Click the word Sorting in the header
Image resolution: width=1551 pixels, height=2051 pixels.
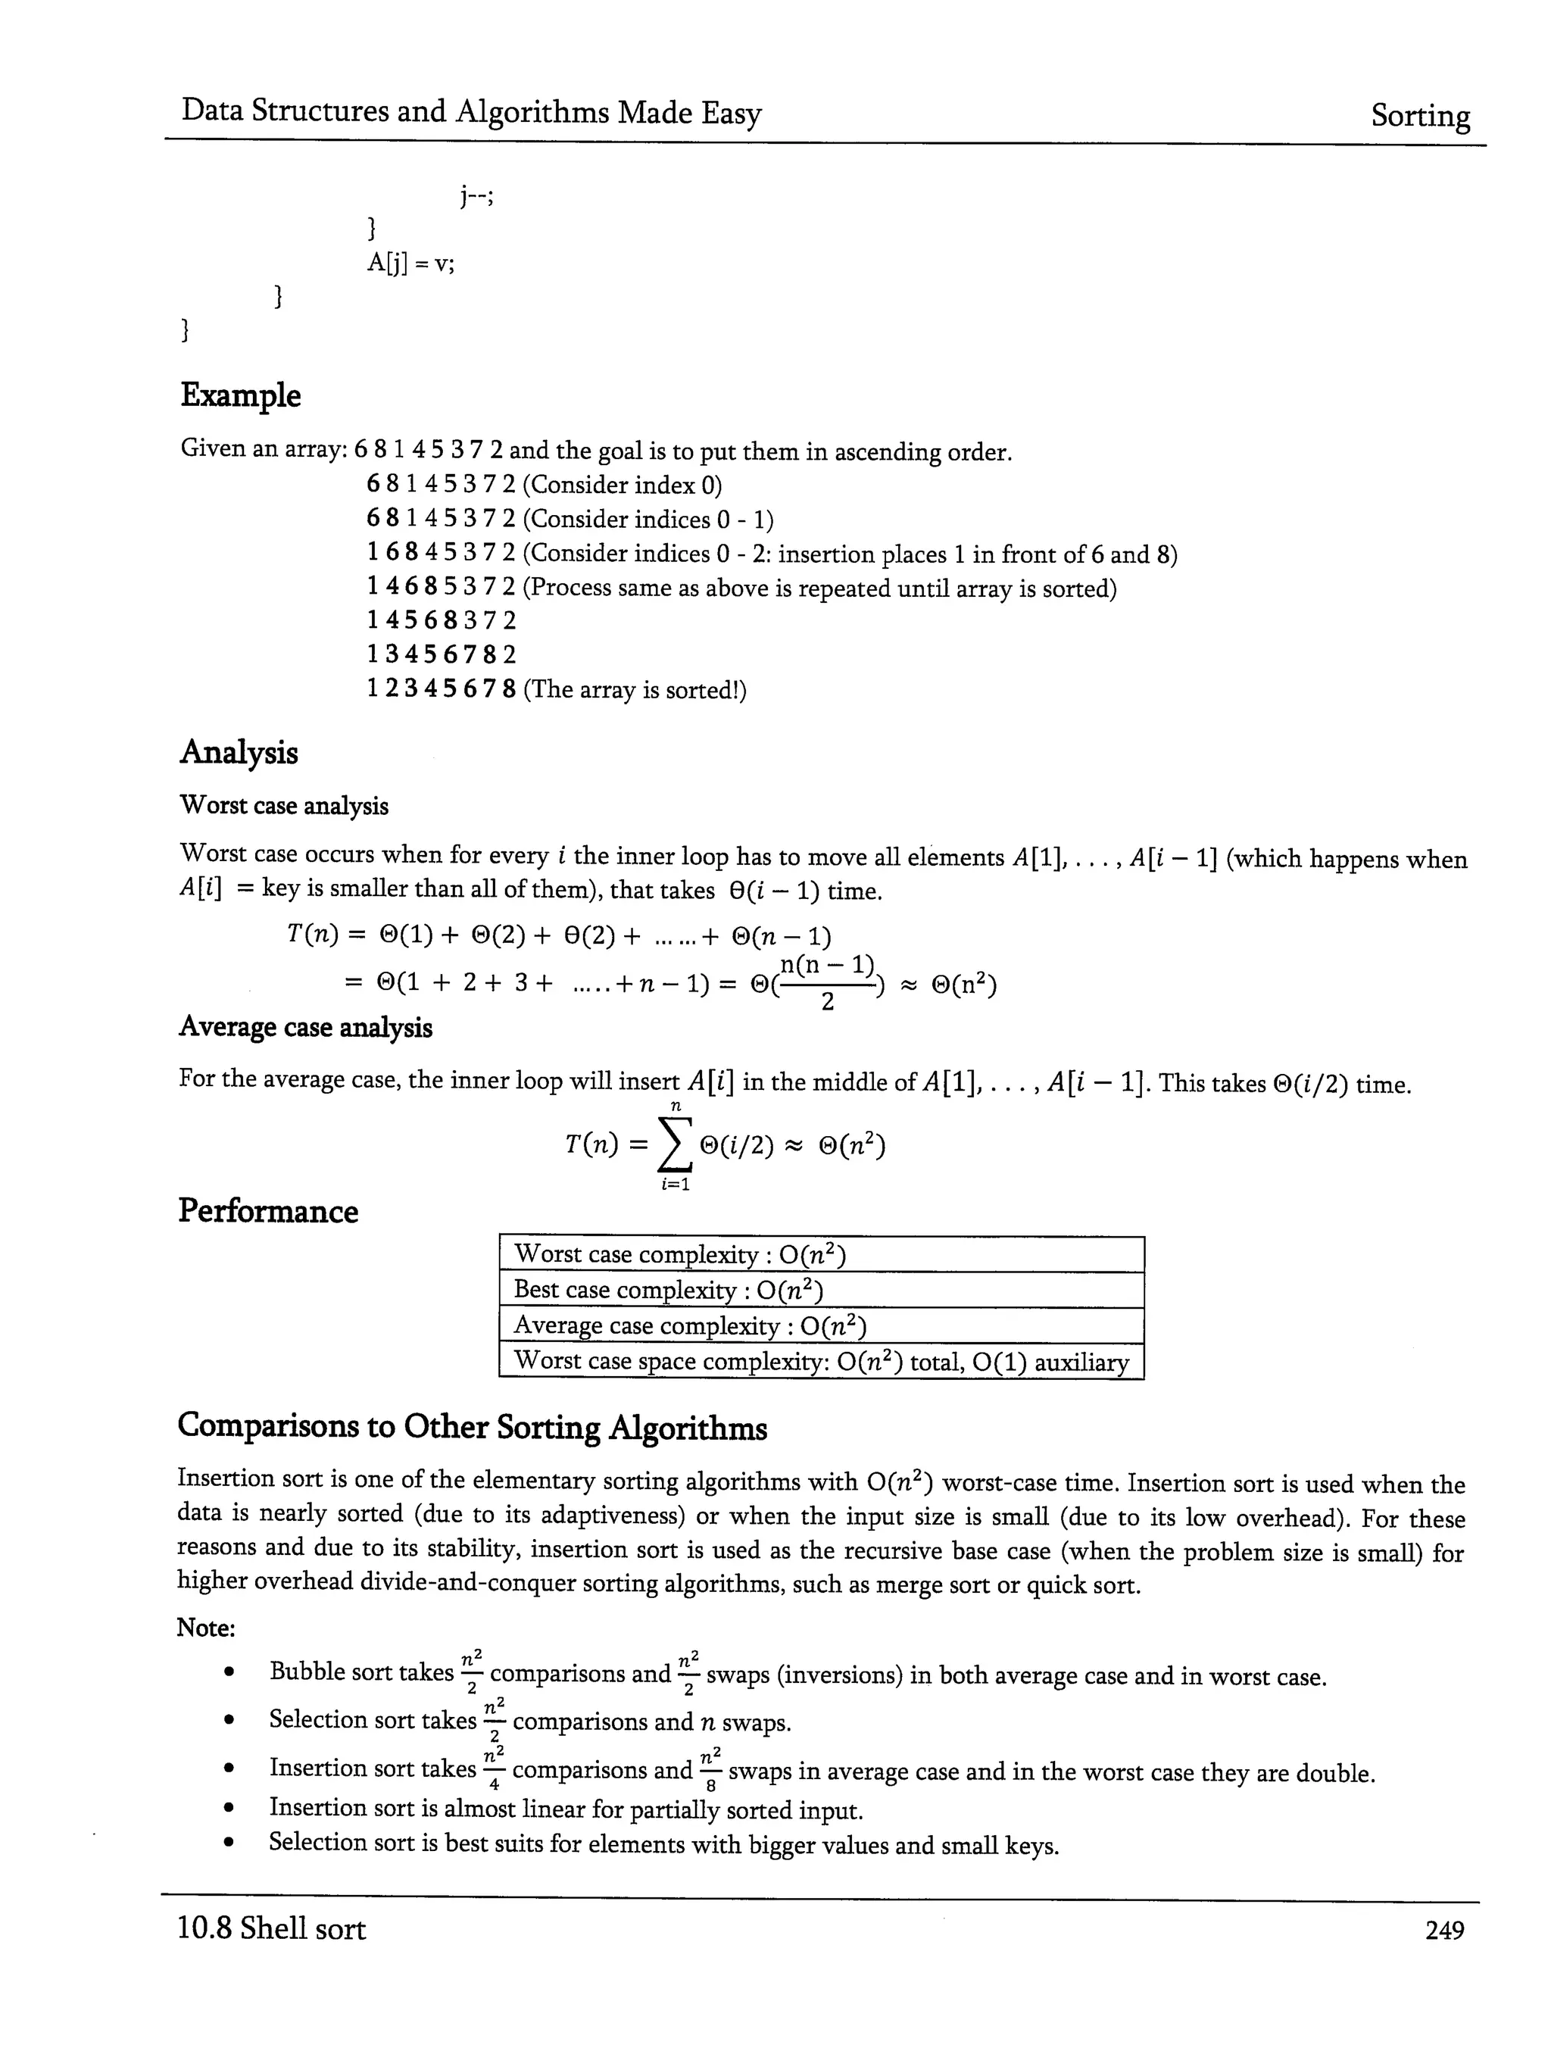point(1419,116)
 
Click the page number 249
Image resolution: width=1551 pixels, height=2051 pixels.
point(1443,1931)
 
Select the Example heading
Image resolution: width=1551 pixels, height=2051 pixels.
point(240,396)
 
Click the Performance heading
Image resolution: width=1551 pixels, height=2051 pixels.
point(267,1211)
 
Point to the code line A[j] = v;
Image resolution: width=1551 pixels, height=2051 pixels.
point(410,264)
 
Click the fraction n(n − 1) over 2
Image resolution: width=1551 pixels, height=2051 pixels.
point(827,983)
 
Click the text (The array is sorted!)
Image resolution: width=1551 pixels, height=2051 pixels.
point(635,690)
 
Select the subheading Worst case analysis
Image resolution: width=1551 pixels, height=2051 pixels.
point(284,805)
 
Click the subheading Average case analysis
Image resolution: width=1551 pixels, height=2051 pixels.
point(305,1027)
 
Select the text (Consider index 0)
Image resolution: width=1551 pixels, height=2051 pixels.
point(622,485)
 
